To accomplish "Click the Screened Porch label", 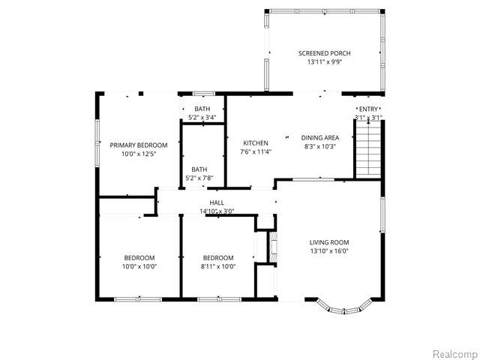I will click(x=324, y=53).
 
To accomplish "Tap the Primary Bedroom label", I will click(x=137, y=145).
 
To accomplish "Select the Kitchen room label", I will click(x=255, y=142).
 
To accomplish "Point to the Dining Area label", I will click(x=320, y=138).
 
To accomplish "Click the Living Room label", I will click(x=329, y=242).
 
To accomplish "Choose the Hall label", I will click(x=217, y=202).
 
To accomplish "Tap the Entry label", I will click(x=368, y=109).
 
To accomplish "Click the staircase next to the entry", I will click(x=368, y=149).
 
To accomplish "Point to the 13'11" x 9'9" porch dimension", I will click(x=324, y=62).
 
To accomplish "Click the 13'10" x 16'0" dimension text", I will click(x=329, y=251).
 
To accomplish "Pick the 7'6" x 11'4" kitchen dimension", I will click(x=255, y=151).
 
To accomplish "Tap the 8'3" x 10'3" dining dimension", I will click(x=320, y=147).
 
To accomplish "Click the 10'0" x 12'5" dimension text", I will click(x=137, y=154).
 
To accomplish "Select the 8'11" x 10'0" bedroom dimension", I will click(x=218, y=266).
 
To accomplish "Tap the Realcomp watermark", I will click(x=455, y=353).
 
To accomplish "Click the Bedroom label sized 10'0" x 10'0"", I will click(x=139, y=257).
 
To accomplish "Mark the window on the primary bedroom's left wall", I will click(x=97, y=142).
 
